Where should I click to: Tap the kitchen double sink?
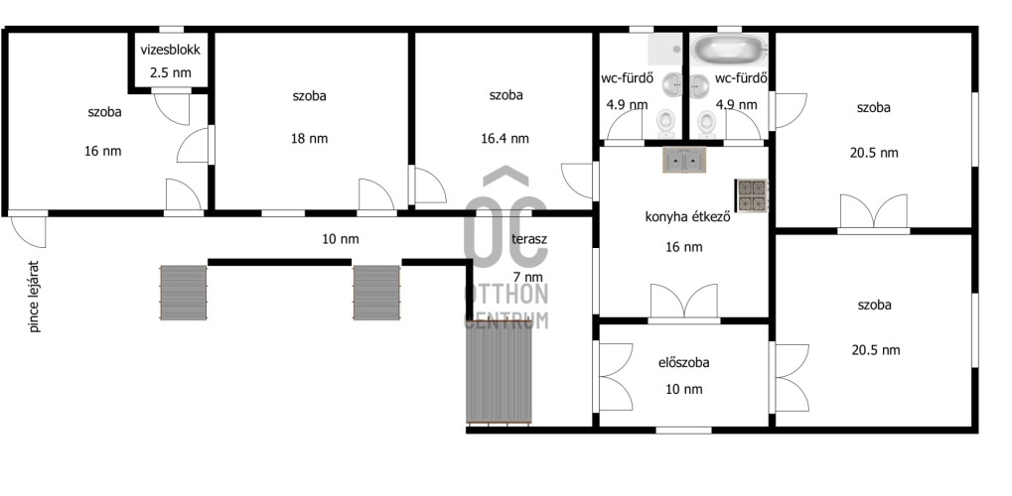[x=684, y=160]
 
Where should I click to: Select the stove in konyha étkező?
[x=752, y=196]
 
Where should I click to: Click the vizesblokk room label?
[x=171, y=51]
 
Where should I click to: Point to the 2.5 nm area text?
[x=171, y=72]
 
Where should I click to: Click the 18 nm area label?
[x=309, y=139]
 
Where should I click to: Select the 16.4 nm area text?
[x=506, y=139]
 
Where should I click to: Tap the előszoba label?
[x=683, y=363]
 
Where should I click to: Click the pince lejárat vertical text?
[x=35, y=297]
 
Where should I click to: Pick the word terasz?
[x=529, y=240]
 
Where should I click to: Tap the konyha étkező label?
[x=687, y=217]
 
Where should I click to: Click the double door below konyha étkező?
[x=684, y=302]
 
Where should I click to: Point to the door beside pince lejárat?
[x=29, y=229]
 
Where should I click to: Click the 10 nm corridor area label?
[x=340, y=239]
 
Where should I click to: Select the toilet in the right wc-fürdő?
[x=707, y=123]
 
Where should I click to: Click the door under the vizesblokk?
[x=173, y=106]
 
